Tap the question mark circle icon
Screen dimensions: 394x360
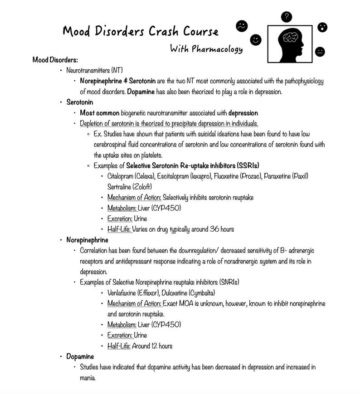pos(286,17)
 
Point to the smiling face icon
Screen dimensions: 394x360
pos(256,40)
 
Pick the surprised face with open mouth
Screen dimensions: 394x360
pos(322,28)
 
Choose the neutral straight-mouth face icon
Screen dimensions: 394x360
pos(320,51)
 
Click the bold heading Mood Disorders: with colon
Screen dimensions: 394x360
pos(55,60)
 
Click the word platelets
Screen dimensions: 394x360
pos(141,155)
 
